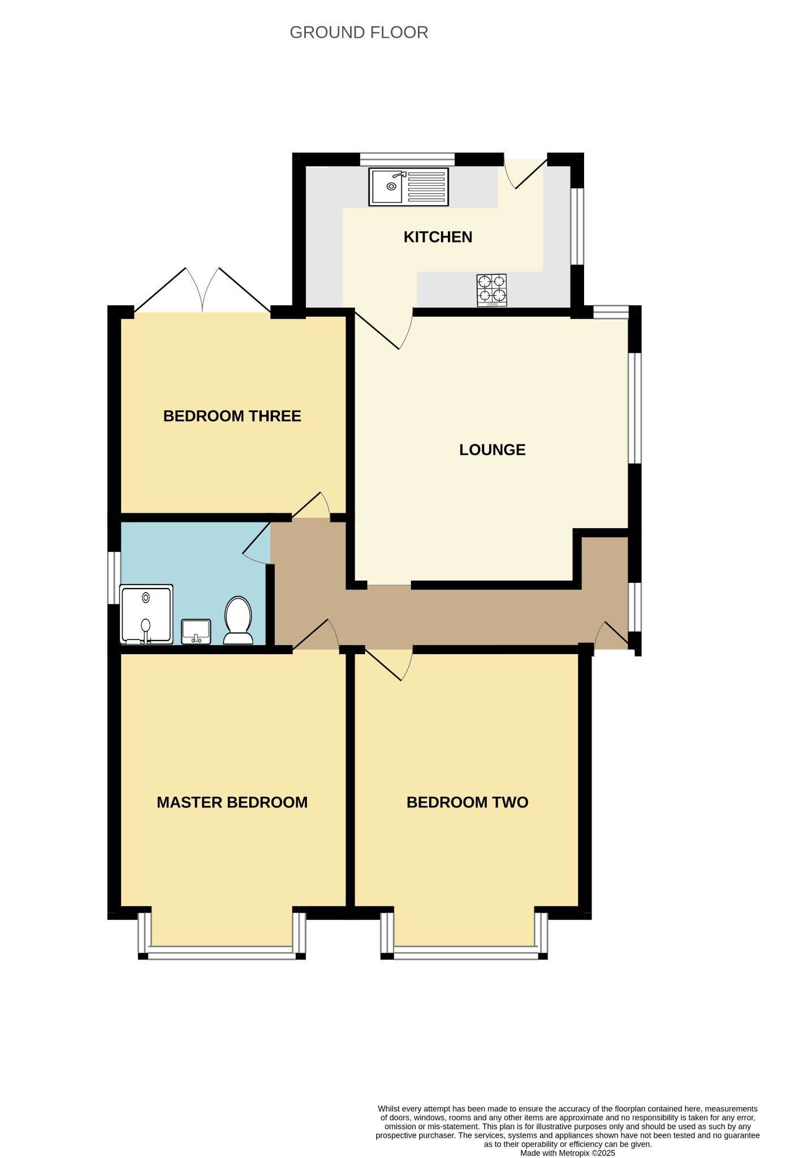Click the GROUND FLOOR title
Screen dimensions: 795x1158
[x=358, y=33]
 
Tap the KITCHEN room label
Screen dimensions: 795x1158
[x=438, y=237]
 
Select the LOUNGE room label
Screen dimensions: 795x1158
[x=492, y=450]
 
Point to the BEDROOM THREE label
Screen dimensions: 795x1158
[x=232, y=416]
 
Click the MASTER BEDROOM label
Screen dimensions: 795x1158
[x=232, y=802]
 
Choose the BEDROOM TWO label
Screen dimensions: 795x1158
[x=467, y=802]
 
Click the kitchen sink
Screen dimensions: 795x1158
[x=408, y=187]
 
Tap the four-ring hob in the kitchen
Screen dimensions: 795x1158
[x=492, y=290]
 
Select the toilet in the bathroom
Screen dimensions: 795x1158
[x=238, y=620]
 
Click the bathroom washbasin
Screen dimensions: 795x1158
[x=196, y=632]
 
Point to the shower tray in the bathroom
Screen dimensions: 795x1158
[x=146, y=614]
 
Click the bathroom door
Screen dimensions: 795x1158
[x=257, y=542]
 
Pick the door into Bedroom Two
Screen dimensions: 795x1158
[x=389, y=665]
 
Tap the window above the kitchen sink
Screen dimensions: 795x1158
[x=407, y=159]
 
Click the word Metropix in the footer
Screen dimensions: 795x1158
[x=574, y=1153]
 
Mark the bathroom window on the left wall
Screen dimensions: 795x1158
[x=114, y=578]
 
